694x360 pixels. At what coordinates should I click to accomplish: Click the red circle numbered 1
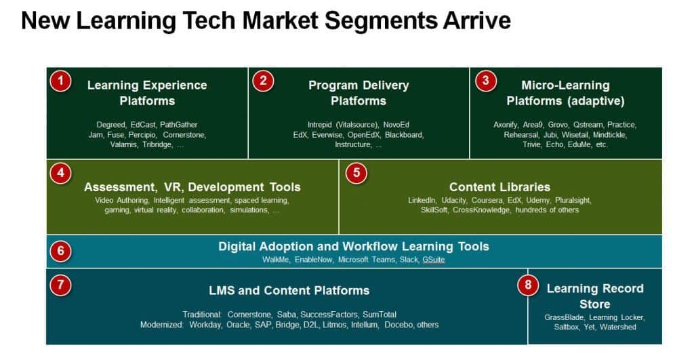click(60, 82)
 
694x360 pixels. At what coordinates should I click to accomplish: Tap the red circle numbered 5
click(356, 174)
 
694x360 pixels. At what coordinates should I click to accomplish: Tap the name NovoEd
click(396, 125)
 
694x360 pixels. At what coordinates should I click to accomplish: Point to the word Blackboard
click(405, 134)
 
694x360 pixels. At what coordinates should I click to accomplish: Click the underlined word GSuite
click(434, 260)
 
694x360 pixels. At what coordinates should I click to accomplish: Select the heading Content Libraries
click(499, 186)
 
